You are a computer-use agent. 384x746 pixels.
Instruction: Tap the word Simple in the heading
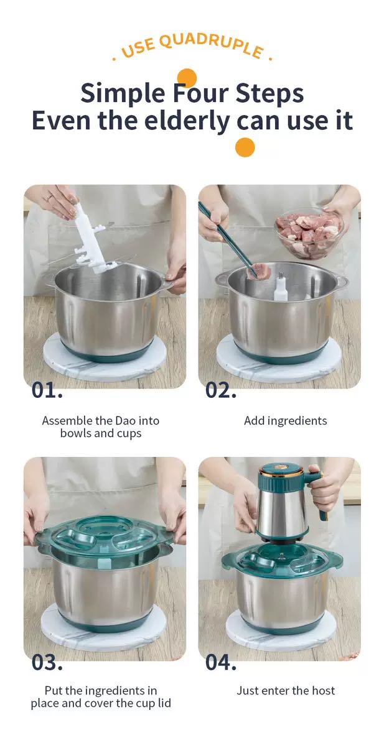coord(123,94)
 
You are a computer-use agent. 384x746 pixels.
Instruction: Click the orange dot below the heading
coord(245,147)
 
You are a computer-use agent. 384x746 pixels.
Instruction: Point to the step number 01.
coord(47,390)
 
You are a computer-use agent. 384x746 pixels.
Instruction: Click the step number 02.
coord(221,390)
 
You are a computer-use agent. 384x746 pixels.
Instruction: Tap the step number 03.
coord(47,663)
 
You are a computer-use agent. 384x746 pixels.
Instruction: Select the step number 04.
coord(221,663)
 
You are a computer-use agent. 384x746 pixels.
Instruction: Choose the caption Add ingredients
coord(285,421)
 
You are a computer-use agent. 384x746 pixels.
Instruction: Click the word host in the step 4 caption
coord(323,691)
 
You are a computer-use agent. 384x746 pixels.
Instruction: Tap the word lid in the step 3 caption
coord(163,703)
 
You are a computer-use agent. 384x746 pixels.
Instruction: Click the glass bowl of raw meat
coord(309,234)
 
